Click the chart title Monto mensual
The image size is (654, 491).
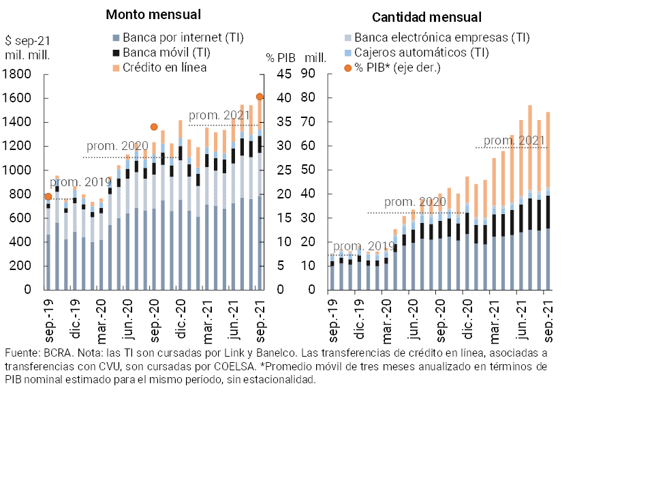pyautogui.click(x=153, y=14)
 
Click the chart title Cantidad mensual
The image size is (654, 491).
pyautogui.click(x=427, y=18)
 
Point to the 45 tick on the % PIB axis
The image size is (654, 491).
pyautogui.click(x=285, y=74)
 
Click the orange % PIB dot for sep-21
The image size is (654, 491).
pyautogui.click(x=260, y=97)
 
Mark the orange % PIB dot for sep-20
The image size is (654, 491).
pyautogui.click(x=154, y=127)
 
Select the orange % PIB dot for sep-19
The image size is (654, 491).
pyautogui.click(x=48, y=196)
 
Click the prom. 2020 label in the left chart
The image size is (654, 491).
pyautogui.click(x=117, y=146)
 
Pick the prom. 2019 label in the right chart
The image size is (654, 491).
pyautogui.click(x=364, y=246)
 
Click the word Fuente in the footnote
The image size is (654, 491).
pyautogui.click(x=21, y=353)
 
